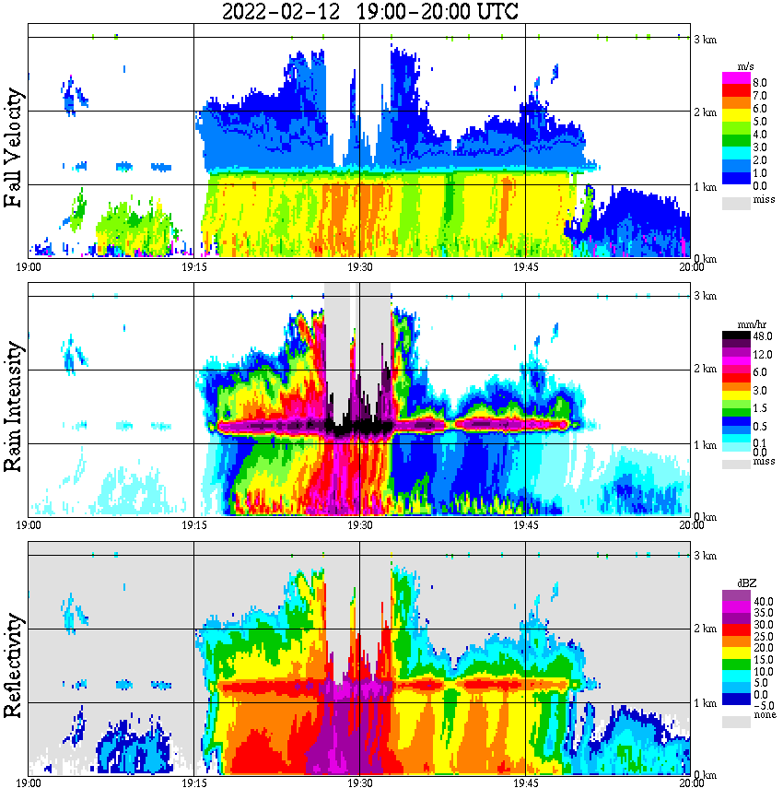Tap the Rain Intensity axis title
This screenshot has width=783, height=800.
14,406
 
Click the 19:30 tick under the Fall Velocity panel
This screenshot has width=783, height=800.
360,267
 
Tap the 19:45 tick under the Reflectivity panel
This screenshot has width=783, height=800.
526,783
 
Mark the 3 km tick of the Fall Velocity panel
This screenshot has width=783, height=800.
705,40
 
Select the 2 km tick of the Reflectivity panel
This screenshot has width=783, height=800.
705,630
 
